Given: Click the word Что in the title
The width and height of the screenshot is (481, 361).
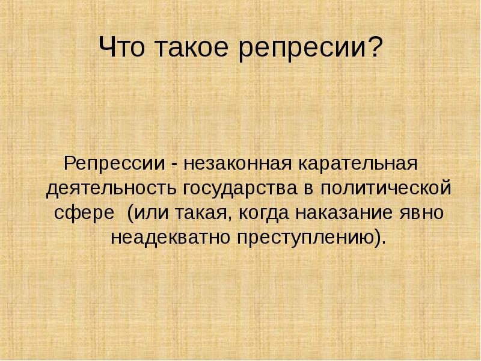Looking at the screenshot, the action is coord(122,47).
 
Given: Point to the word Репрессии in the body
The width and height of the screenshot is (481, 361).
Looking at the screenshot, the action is coord(114,164).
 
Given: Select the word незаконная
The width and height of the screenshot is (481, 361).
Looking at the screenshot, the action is coord(237,165).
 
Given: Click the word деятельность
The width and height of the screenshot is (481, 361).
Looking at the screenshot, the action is coord(111,188).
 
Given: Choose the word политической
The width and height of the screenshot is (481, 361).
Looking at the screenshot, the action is coord(386,188).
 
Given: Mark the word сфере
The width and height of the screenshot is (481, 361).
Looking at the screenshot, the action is coord(84,212).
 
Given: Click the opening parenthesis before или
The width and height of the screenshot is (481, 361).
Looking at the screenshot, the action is coord(130,212).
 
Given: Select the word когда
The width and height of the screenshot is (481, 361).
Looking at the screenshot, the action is coord(264,214).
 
